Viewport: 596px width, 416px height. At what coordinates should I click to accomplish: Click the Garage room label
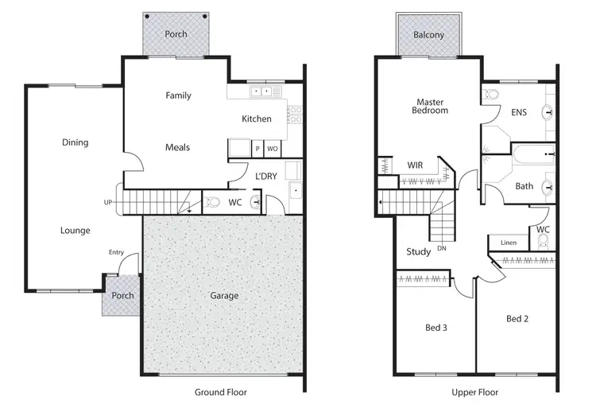[x=224, y=296]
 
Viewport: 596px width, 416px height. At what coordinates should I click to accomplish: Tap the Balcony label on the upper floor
[x=428, y=35]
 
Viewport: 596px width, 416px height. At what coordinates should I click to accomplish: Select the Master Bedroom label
[x=429, y=106]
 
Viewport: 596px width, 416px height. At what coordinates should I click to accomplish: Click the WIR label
[x=415, y=165]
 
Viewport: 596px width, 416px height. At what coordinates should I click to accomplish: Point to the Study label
[x=419, y=252]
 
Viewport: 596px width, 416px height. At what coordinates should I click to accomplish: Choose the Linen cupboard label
[x=509, y=243]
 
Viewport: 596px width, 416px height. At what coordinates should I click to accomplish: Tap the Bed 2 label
[x=517, y=319]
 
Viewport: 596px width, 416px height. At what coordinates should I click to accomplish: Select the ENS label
[x=519, y=113]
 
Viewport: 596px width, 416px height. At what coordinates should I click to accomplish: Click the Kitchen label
[x=257, y=119]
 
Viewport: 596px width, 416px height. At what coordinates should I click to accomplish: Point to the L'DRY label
[x=266, y=176]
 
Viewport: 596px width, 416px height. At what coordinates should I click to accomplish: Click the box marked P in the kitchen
[x=257, y=149]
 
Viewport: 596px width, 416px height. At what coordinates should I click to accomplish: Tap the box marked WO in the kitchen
[x=272, y=149]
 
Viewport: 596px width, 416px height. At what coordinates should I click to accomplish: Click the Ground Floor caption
[x=221, y=392]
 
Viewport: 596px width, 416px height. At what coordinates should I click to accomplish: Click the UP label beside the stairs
[x=107, y=203]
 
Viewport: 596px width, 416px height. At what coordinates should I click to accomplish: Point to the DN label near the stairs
[x=443, y=249]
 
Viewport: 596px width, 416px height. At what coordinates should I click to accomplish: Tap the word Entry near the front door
[x=117, y=252]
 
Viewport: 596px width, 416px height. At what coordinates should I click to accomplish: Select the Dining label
[x=75, y=143]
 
